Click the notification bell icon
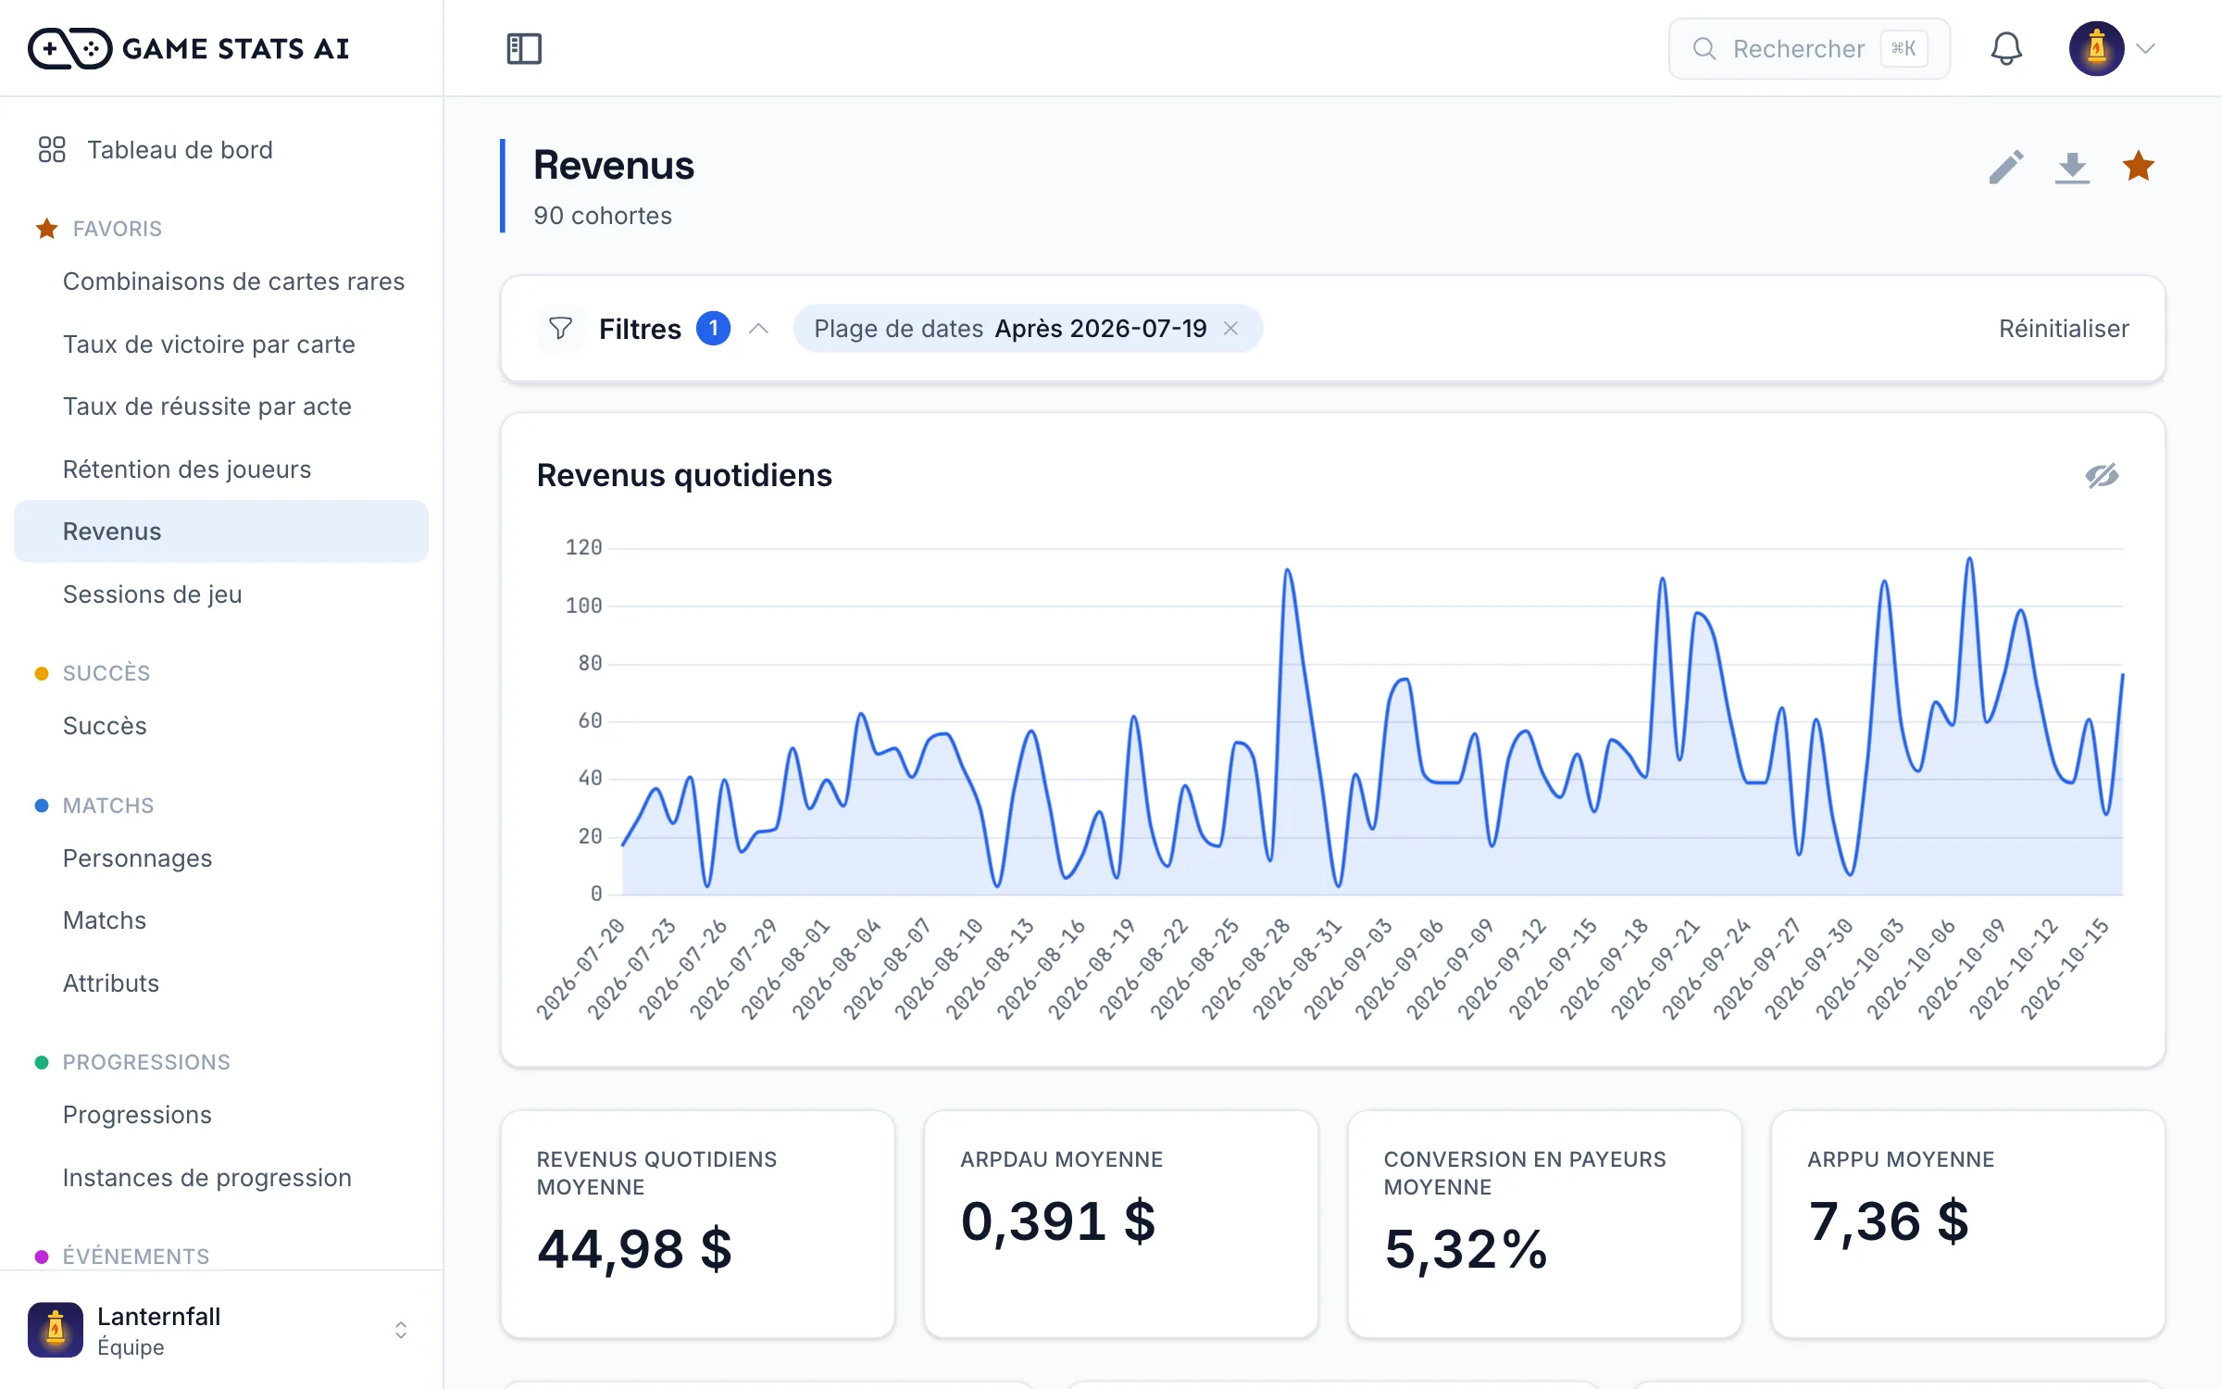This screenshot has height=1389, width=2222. click(2006, 48)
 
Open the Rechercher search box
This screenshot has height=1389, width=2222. click(1809, 48)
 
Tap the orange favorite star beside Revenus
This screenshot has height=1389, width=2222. click(2138, 167)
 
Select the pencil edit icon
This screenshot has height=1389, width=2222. click(2005, 168)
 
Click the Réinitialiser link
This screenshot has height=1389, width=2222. click(2064, 329)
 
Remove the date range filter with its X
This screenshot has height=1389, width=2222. click(1230, 329)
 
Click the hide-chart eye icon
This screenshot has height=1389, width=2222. click(2102, 476)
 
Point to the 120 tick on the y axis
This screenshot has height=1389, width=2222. click(583, 548)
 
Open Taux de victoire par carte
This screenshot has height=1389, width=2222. click(209, 344)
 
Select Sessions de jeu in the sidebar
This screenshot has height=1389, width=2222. click(153, 594)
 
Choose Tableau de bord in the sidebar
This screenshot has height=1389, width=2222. click(180, 150)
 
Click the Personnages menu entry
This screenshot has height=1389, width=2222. click(137, 858)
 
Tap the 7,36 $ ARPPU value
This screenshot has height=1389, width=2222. click(1889, 1221)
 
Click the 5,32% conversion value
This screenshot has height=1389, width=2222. click(1466, 1249)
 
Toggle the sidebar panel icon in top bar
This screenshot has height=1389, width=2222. click(524, 48)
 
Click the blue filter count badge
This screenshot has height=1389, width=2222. click(713, 329)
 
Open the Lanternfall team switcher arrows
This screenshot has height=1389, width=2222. click(401, 1331)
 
